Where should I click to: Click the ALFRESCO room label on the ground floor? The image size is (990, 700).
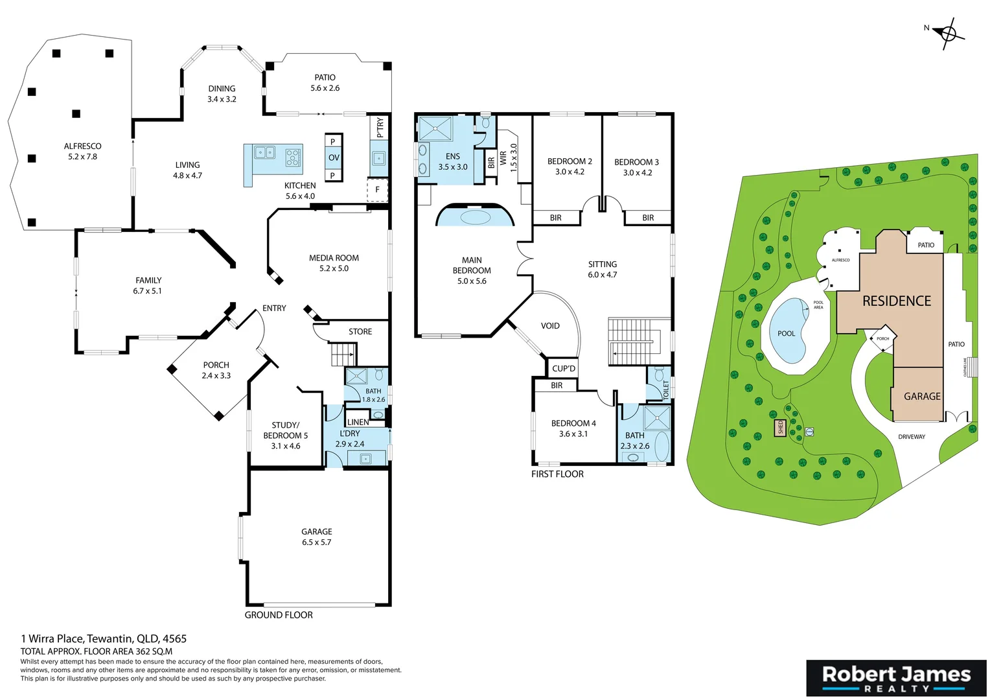82,146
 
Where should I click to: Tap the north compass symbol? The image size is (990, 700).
949,33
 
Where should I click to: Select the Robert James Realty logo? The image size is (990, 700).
896,678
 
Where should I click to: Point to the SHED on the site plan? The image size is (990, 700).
781,427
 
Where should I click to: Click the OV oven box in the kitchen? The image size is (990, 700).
334,157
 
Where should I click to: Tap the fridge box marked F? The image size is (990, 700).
377,190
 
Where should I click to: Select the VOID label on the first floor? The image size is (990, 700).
550,326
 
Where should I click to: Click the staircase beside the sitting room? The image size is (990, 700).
632,342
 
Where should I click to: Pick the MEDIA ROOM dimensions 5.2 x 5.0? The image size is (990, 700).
334,268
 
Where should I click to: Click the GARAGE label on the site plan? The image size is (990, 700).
922,396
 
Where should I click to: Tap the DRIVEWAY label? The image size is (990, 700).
911,437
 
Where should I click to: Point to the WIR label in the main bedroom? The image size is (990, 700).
503,157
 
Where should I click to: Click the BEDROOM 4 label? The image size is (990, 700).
573,423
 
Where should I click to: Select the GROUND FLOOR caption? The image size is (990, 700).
279,615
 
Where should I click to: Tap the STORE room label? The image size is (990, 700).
360,332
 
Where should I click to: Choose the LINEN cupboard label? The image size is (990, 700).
358,422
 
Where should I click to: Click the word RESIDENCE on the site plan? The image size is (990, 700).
896,301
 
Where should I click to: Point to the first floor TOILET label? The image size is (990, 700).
666,389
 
